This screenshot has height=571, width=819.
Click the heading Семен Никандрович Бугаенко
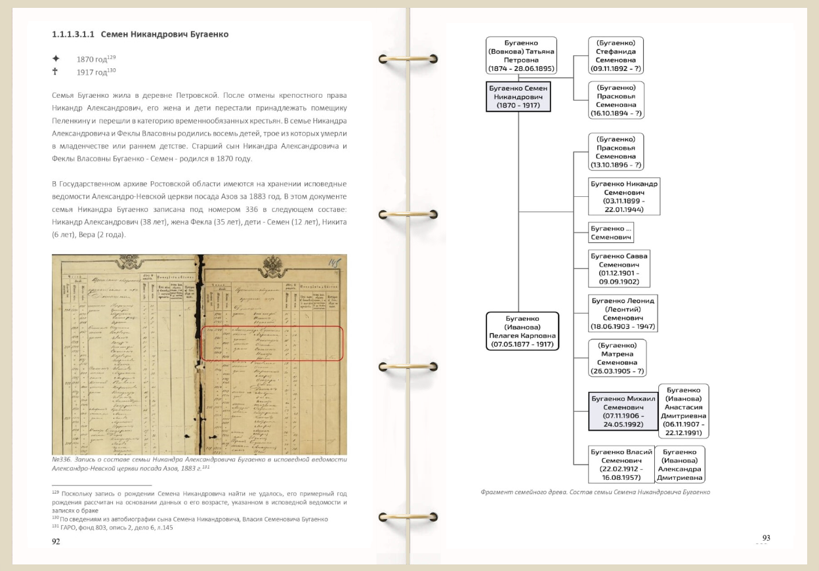point(140,34)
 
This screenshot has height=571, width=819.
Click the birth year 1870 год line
point(96,59)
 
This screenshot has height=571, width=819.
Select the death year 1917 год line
point(96,72)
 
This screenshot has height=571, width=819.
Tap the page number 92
point(56,541)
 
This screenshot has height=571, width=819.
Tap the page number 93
point(766,538)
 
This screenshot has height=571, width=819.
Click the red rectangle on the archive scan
point(270,343)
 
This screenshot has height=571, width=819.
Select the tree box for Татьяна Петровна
point(521,55)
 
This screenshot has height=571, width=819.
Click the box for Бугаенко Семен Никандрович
point(518,96)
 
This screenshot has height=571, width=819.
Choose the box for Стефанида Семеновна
point(616,55)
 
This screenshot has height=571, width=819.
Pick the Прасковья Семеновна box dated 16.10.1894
point(616,100)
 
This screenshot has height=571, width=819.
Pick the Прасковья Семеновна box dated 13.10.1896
point(616,152)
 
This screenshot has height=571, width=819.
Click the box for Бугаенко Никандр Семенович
point(623,196)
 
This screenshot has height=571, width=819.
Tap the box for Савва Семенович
point(619,268)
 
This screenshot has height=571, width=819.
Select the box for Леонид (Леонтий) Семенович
point(623,313)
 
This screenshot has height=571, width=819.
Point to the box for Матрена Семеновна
point(617,358)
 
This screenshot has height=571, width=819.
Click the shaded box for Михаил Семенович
point(623,411)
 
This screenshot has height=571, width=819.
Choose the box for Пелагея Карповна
point(522,331)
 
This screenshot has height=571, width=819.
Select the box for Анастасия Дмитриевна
point(683,411)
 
